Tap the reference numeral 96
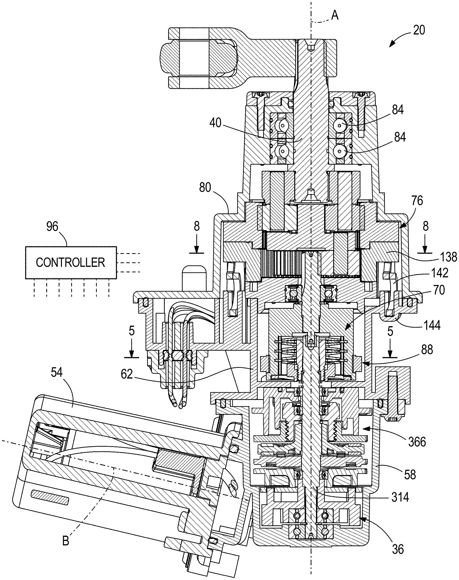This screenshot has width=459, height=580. [52, 227]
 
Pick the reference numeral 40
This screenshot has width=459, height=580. [215, 123]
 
